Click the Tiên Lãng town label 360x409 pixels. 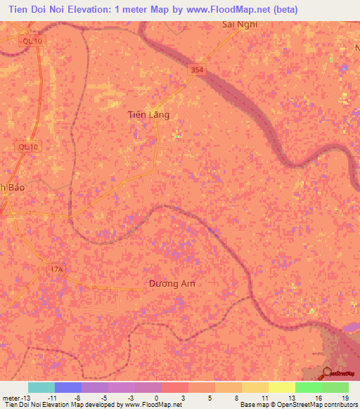coord(148,115)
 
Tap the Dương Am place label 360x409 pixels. coord(172,284)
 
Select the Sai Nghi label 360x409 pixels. coord(240,24)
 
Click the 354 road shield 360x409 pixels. coord(198,70)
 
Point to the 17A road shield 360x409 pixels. coord(56,269)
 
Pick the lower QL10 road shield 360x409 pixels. coord(28,147)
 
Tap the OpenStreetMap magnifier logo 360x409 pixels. coord(326,373)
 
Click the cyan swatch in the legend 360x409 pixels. coord(41,387)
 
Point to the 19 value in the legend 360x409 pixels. coord(345,397)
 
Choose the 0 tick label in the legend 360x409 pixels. coord(156,397)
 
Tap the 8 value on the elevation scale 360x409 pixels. coord(236,397)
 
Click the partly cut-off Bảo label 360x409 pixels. coord(13,188)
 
